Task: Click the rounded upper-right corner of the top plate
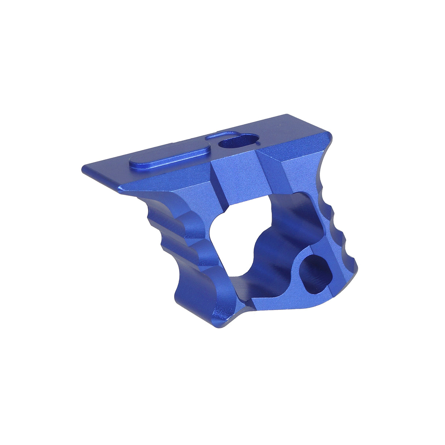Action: pyautogui.click(x=328, y=138)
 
